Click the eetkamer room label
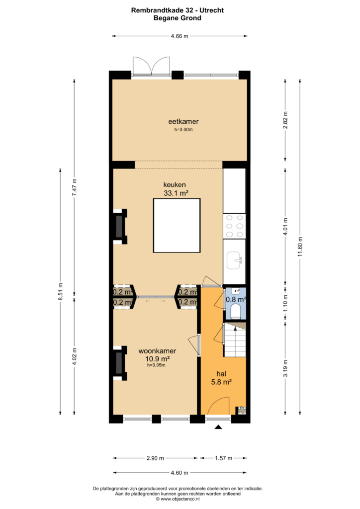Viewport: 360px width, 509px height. [183, 121]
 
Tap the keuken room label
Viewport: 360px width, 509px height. [175, 185]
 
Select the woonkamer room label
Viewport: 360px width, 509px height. [157, 351]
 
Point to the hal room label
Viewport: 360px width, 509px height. [221, 374]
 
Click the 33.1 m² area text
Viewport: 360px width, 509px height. [176, 193]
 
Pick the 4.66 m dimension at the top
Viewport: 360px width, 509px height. [180, 36]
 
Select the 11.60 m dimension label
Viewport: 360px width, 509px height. [300, 247]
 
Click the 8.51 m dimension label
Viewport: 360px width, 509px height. [60, 291]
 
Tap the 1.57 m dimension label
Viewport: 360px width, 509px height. [223, 458]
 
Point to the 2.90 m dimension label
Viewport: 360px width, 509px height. [155, 458]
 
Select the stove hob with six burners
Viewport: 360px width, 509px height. [234, 226]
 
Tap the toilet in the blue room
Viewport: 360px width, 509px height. [235, 311]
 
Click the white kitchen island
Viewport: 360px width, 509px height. [177, 225]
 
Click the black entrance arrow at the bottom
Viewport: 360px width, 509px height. [218, 427]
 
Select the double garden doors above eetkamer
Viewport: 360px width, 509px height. [151, 67]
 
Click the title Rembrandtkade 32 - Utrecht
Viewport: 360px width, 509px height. [177, 10]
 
